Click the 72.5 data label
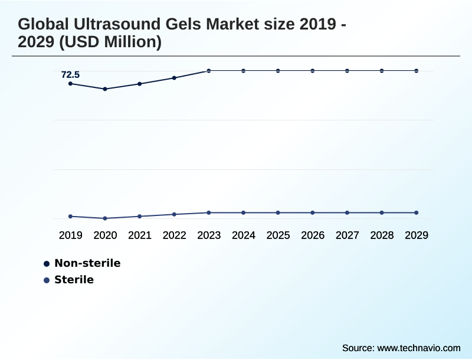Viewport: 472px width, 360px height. [x=70, y=75]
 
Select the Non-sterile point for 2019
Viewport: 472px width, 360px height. [x=71, y=84]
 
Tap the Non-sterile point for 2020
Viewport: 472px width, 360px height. [x=105, y=89]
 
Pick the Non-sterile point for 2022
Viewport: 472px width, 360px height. [x=174, y=78]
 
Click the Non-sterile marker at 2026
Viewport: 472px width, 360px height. [x=313, y=71]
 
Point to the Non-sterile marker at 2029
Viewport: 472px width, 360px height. [x=417, y=71]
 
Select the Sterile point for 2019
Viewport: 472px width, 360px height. [x=71, y=217]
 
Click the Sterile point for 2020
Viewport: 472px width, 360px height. [x=105, y=218]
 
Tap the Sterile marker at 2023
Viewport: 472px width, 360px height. [x=209, y=212]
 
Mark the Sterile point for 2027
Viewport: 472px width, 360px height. [x=347, y=212]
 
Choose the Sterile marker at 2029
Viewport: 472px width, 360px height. [x=417, y=212]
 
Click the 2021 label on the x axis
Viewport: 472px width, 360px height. [x=140, y=235]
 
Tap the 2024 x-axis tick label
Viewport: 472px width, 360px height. [x=244, y=235]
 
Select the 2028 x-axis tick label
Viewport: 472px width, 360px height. [x=382, y=235]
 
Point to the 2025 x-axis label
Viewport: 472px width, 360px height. [x=278, y=235]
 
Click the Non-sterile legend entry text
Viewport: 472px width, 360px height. [x=87, y=263]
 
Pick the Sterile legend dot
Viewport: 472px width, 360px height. [x=47, y=280]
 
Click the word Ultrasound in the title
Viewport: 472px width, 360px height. [x=110, y=25]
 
